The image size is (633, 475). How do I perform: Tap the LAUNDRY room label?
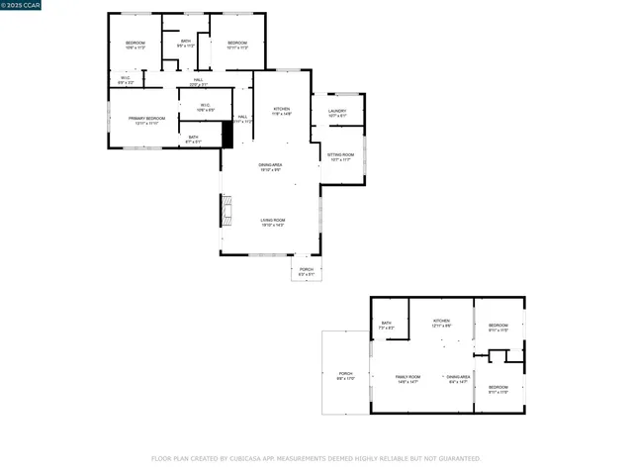point(337,113)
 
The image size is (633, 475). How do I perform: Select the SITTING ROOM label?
point(340,156)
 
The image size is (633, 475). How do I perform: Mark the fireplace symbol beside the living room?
point(226,209)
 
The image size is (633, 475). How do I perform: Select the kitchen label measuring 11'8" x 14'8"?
point(281,111)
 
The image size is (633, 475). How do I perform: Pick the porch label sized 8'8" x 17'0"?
point(345,376)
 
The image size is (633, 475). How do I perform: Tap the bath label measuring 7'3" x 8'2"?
point(387,325)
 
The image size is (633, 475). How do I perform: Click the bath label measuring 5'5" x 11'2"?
point(185,44)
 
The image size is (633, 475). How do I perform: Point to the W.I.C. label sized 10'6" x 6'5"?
point(205,107)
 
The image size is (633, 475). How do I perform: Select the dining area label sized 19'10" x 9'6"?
point(270,167)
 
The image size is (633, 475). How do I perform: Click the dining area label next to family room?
point(458,379)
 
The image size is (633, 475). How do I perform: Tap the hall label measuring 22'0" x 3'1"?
point(198,82)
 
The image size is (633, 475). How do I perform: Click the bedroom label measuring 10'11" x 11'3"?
point(237,45)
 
